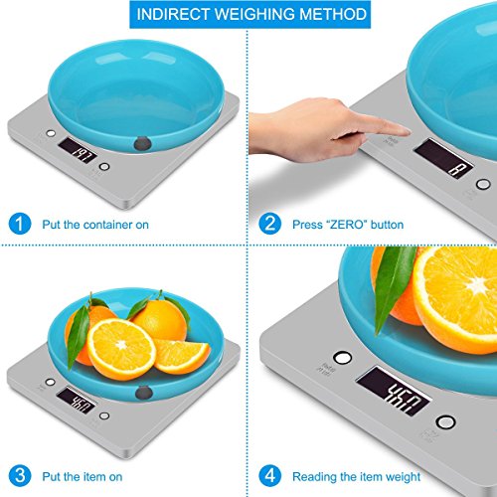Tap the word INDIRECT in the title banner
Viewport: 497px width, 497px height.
click(x=173, y=14)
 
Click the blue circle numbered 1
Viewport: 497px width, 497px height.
click(x=20, y=224)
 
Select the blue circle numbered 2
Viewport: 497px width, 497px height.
click(x=269, y=224)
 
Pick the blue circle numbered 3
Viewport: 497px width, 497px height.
click(x=20, y=475)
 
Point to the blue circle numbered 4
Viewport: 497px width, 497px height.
click(x=269, y=475)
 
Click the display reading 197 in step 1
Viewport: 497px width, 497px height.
click(x=79, y=150)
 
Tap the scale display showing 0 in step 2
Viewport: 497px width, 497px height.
click(x=443, y=158)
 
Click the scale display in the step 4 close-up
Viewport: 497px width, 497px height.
click(x=394, y=391)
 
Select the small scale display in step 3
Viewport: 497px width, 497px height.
click(x=77, y=401)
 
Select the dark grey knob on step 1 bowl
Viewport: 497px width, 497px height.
click(x=143, y=143)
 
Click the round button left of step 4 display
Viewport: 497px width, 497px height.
click(x=343, y=358)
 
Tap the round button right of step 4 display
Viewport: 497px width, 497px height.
click(x=446, y=421)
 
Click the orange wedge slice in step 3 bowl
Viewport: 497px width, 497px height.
click(x=182, y=355)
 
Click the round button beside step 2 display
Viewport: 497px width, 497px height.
click(x=483, y=184)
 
